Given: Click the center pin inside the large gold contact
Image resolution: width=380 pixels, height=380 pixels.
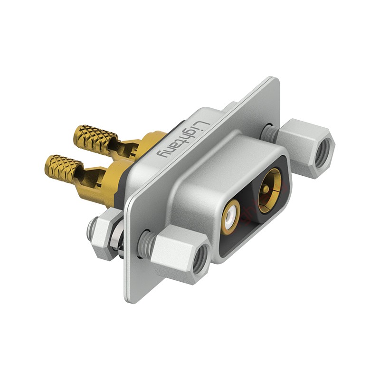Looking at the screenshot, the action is pyautogui.click(x=266, y=188).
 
